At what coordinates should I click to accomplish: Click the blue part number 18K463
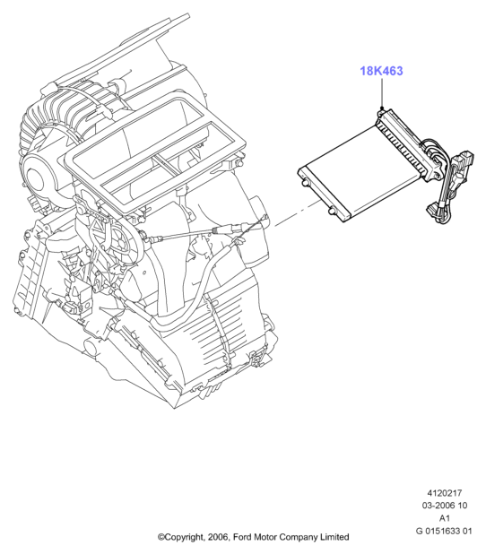[381, 71]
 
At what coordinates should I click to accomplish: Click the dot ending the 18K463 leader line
[382, 108]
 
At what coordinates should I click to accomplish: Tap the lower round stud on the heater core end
[333, 211]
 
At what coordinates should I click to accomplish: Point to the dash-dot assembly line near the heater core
[298, 212]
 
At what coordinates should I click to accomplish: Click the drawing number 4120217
[444, 492]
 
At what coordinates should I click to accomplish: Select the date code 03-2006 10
[444, 506]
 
